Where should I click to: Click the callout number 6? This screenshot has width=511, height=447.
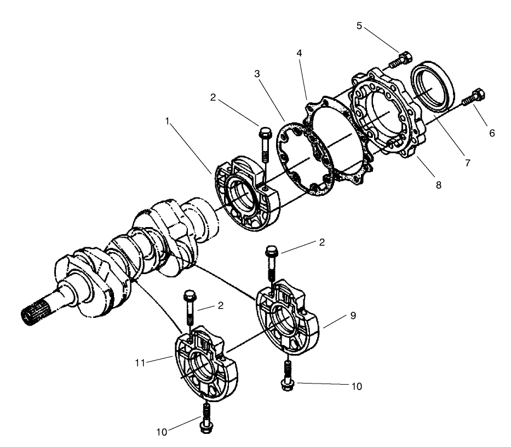pyautogui.click(x=492, y=133)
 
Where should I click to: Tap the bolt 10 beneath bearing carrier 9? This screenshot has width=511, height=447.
pyautogui.click(x=286, y=375)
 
